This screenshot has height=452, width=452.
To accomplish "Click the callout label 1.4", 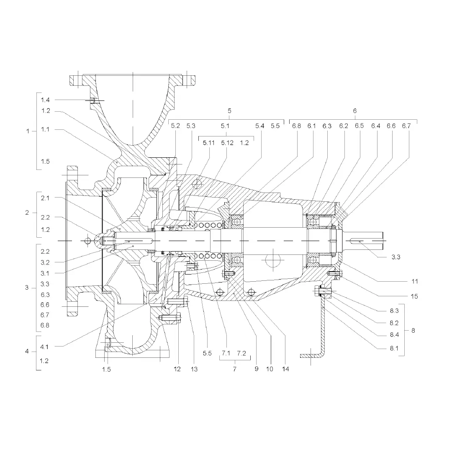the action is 45,100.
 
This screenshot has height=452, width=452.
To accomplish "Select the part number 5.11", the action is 209,143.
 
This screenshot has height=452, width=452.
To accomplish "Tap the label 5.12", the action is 227,143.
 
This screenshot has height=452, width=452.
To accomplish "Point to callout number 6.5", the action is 359,126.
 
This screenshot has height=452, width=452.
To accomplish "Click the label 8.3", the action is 394,311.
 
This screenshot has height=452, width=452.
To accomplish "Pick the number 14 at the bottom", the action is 285,369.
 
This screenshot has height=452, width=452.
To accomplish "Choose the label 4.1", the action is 44,347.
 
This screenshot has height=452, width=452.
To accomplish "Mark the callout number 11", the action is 414,281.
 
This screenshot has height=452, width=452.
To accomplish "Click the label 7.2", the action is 241,353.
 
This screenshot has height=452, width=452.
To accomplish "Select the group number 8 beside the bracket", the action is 413,330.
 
